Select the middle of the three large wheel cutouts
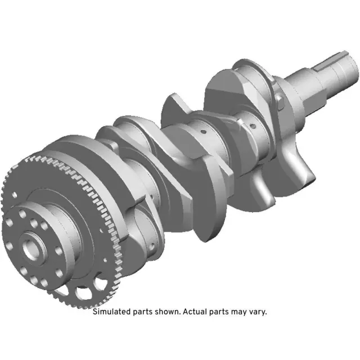click(x=83, y=292)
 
